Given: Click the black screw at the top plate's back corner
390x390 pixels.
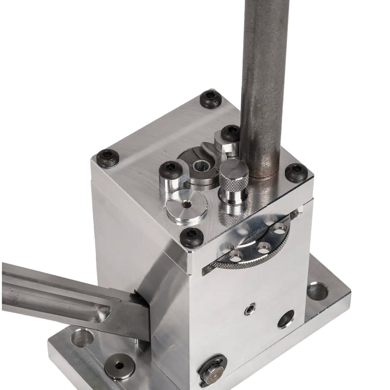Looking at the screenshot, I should [211, 99].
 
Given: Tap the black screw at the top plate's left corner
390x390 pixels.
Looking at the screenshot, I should [108, 158].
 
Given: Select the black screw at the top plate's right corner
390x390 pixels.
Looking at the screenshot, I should [296, 173].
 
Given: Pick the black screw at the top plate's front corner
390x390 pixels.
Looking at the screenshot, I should [192, 238].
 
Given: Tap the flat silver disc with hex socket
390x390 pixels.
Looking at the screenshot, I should [187, 206].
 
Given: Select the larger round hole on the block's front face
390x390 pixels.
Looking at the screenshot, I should [286, 319].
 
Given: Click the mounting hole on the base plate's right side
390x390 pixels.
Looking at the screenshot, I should [317, 292].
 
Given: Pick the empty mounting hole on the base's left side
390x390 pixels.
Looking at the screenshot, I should [82, 338].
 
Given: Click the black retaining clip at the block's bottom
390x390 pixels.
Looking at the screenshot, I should [211, 370].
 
